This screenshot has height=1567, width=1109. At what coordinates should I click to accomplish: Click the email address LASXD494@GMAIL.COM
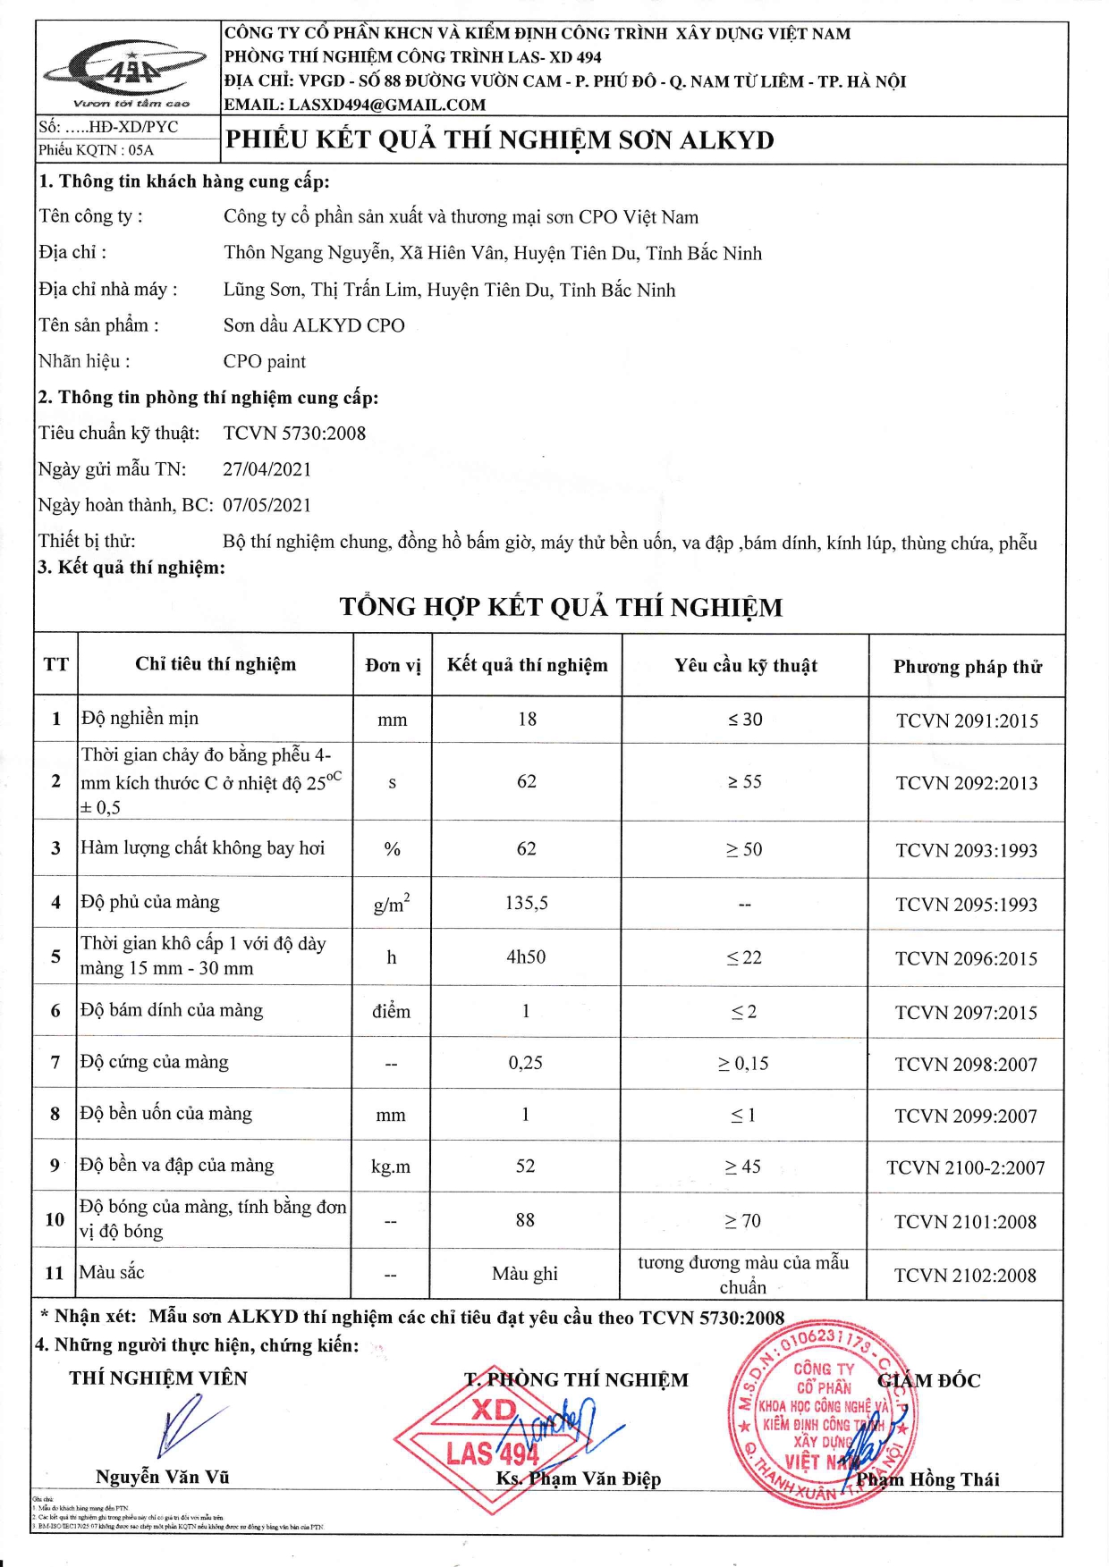[x=386, y=105]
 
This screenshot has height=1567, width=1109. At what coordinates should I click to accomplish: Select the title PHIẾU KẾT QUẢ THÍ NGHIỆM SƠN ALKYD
[x=499, y=140]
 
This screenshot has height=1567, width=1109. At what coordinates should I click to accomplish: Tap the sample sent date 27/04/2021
[x=267, y=469]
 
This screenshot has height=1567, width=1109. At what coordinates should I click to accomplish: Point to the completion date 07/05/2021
[x=267, y=505]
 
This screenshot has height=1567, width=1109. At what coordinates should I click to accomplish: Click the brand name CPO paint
[x=264, y=362]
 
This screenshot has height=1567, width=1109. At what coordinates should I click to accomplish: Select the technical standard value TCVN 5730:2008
[x=294, y=434]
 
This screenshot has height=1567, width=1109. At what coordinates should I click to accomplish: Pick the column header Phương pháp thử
[x=967, y=667]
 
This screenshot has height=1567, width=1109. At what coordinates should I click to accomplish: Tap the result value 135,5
[x=526, y=903]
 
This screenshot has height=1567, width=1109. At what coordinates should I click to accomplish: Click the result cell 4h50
[x=526, y=957]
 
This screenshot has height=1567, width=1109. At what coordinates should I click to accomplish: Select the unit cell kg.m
[x=391, y=1167]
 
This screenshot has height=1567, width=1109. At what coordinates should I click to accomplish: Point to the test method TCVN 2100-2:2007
[x=965, y=1167]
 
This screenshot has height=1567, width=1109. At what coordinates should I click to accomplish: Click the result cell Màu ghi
[x=525, y=1274]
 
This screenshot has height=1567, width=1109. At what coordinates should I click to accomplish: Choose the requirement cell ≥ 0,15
[x=742, y=1064]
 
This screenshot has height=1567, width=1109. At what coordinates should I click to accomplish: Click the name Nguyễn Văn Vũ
[x=162, y=1478]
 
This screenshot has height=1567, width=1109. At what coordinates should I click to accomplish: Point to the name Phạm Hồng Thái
[x=927, y=1479]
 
